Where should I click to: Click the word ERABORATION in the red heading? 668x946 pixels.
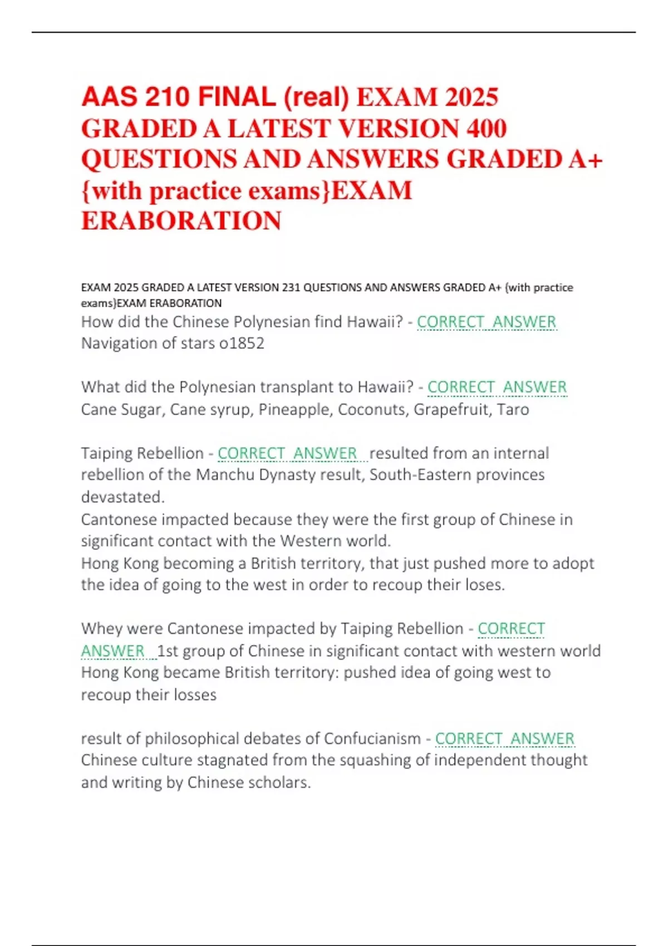181,221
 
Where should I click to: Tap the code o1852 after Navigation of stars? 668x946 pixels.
242,343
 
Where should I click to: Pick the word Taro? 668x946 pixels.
513,410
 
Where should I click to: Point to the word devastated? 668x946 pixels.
122,497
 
